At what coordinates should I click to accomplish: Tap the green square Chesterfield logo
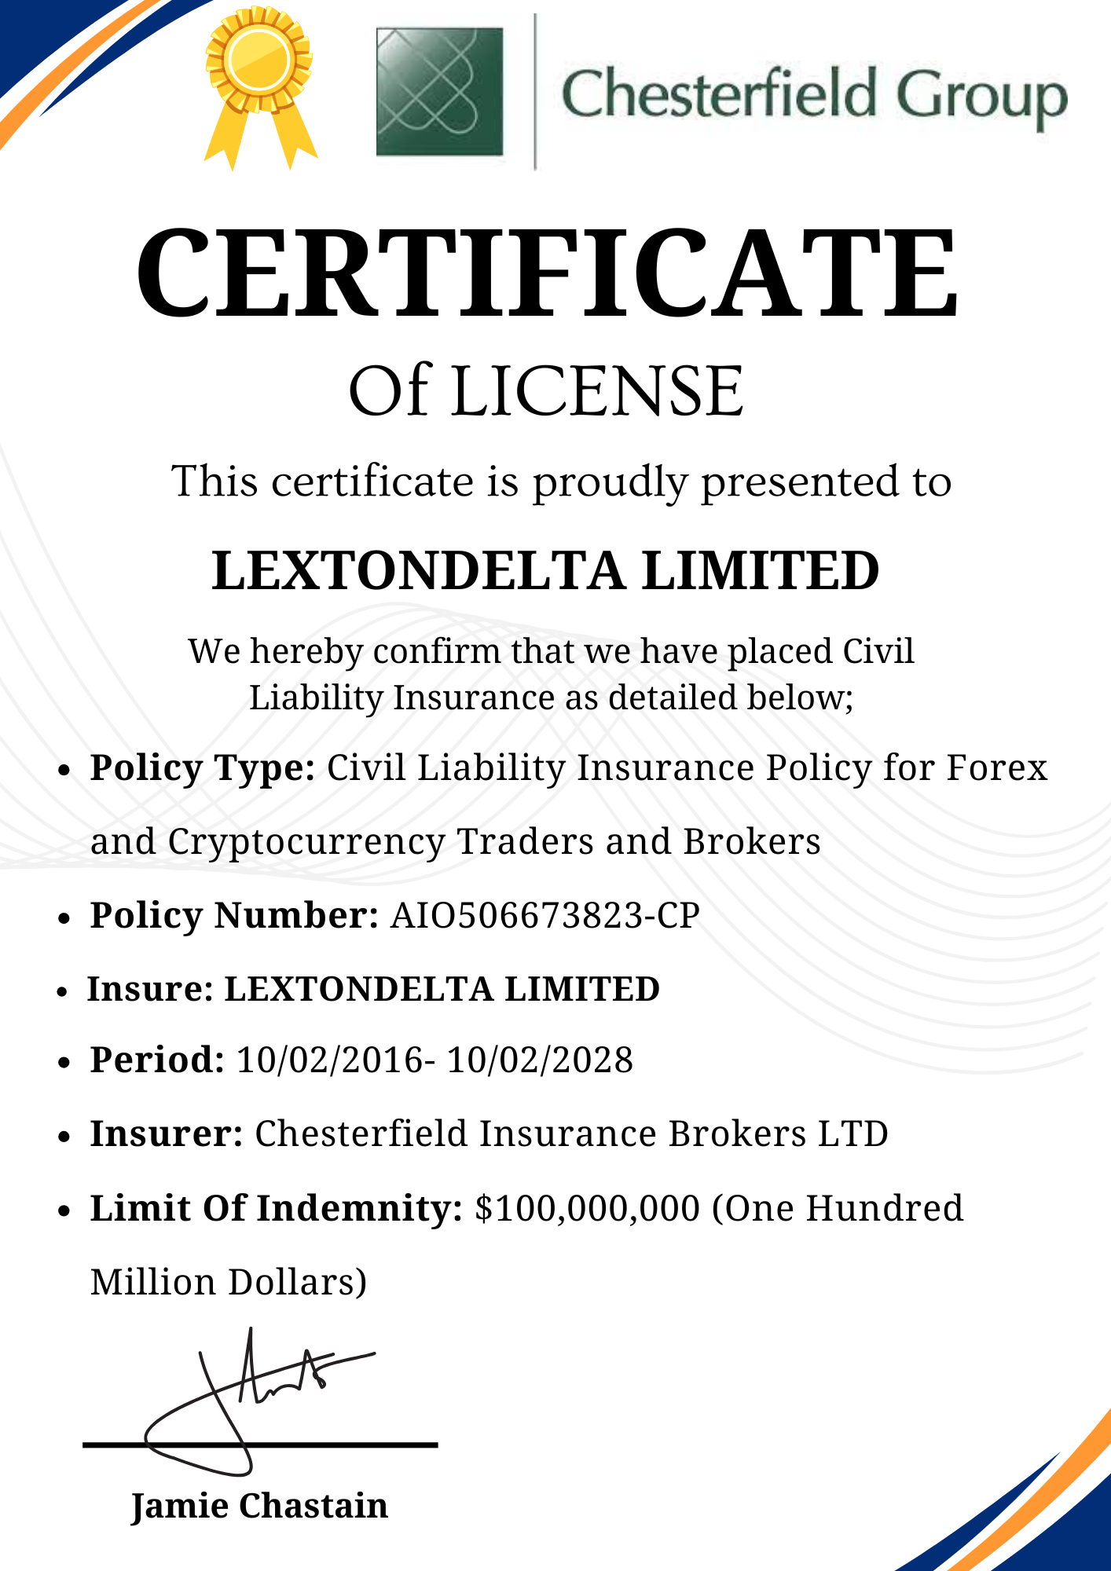[x=439, y=92]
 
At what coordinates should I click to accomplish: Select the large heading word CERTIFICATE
[x=547, y=273]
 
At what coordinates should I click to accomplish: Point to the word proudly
[x=610, y=482]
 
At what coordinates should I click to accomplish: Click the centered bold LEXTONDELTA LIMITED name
[x=545, y=571]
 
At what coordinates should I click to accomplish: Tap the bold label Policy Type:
[x=203, y=767]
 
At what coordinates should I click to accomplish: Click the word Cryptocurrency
[x=306, y=841]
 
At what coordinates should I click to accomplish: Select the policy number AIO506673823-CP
[x=544, y=916]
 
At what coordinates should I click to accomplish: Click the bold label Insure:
[x=150, y=989]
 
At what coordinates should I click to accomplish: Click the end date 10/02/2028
[x=540, y=1060]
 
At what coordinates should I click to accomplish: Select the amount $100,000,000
[x=587, y=1208]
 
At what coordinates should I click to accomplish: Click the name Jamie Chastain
[x=259, y=1505]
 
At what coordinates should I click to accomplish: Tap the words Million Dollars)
[x=228, y=1282]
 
